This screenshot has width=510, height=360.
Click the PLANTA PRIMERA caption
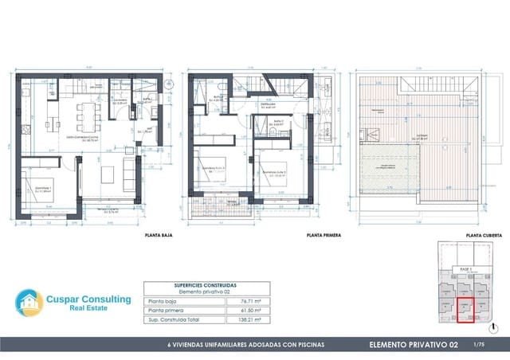coord(324,237)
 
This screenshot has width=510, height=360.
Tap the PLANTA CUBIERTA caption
coord(483,237)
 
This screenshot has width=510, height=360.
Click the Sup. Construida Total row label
coord(172,319)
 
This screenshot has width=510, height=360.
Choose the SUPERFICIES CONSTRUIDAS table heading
coord(205,285)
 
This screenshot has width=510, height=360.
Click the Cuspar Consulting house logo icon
coord(30,303)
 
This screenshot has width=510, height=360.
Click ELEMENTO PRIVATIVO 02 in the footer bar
coord(414,345)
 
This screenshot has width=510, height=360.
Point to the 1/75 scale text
coord(479,345)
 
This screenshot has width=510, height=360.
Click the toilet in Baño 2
coord(273,133)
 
